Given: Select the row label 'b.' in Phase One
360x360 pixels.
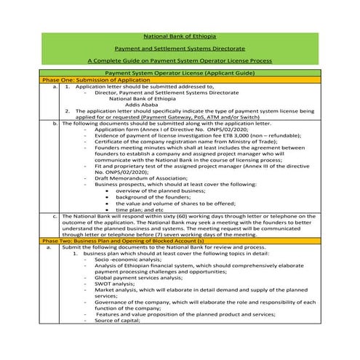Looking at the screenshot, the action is [x=55, y=123].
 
